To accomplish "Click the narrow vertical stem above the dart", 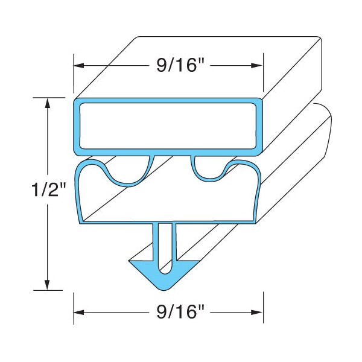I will (164, 238).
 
